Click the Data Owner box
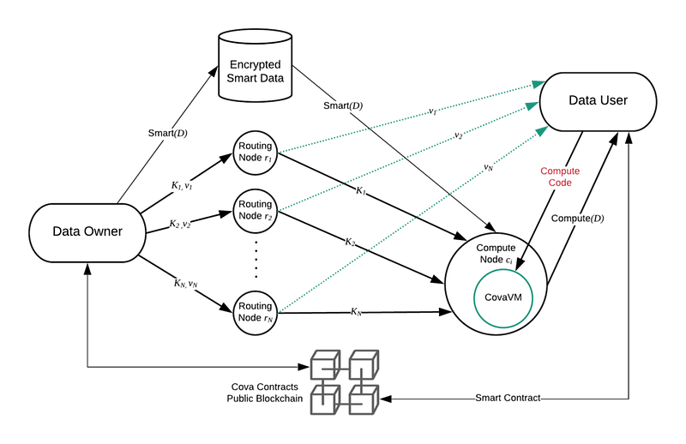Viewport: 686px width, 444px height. point(87,233)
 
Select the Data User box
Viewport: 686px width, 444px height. point(598,101)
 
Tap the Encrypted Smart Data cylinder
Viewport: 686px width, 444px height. point(255,66)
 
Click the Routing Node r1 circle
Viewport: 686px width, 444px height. point(255,153)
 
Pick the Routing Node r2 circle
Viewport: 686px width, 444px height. point(255,211)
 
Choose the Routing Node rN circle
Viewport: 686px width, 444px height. point(255,313)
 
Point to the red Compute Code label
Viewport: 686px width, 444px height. point(560,177)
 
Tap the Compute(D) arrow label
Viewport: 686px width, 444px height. point(577,219)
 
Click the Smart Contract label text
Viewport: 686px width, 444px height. point(508,398)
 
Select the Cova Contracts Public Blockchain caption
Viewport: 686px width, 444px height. point(265,393)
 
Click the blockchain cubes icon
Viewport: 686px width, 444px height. point(345,382)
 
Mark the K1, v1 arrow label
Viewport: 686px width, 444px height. point(182,186)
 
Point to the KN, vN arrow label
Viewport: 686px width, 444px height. point(185,284)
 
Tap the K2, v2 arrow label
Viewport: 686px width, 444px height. point(180,224)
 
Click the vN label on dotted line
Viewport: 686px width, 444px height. point(488,167)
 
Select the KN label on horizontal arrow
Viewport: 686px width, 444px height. point(356,312)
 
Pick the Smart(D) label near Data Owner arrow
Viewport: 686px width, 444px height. point(167,133)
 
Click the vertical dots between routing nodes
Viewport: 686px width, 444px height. point(256,259)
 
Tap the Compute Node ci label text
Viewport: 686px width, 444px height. point(496,254)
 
